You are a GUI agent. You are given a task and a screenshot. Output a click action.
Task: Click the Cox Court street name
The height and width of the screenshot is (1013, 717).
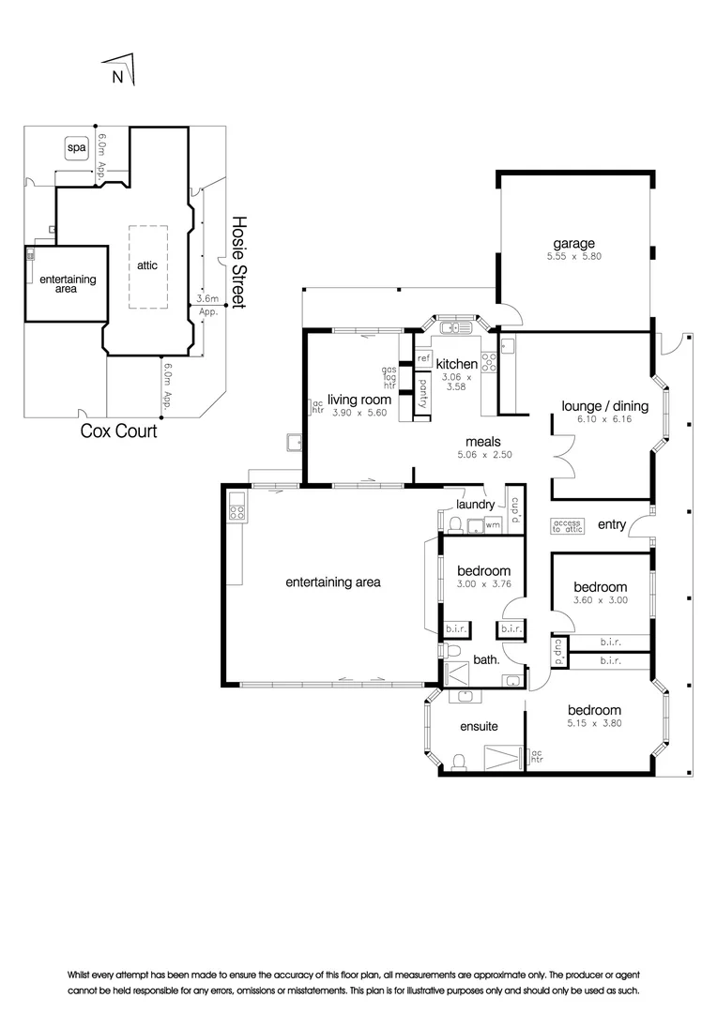pos(118,432)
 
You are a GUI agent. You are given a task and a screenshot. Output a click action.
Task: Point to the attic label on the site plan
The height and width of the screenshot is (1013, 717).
pos(147,265)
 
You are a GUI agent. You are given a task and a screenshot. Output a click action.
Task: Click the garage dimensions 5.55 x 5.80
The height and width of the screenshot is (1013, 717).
pos(573,256)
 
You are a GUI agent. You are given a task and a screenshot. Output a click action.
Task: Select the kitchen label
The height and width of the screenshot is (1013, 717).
pos(456,364)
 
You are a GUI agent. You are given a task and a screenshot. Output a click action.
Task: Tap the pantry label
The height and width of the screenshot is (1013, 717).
pos(423,386)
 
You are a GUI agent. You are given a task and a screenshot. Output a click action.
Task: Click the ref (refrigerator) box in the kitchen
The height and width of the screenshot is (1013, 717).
pos(423,358)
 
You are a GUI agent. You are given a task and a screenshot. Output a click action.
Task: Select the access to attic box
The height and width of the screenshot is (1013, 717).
pos(568,525)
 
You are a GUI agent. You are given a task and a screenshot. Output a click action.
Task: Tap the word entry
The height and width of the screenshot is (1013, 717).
pos(612,525)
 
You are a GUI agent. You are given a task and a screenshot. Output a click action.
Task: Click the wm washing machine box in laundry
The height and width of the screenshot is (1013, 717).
pos(492,525)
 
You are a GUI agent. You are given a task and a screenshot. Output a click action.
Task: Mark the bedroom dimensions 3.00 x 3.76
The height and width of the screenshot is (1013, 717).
pos(483,585)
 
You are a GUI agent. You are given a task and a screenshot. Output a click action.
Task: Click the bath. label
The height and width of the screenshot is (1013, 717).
pos(485,659)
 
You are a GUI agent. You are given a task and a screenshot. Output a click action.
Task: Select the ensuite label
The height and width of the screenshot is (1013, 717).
pos(479,726)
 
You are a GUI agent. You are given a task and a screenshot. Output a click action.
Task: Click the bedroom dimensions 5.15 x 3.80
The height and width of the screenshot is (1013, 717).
pos(593,723)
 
